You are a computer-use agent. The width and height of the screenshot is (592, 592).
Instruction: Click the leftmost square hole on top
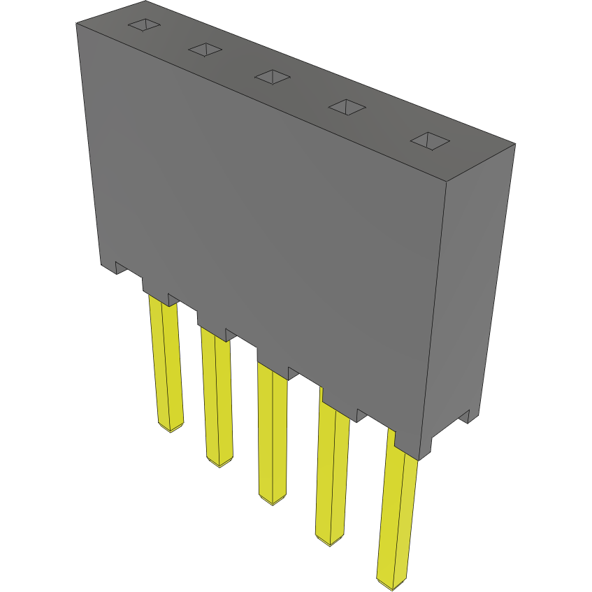(143, 25)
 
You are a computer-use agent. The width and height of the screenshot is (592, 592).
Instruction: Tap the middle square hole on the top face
(272, 76)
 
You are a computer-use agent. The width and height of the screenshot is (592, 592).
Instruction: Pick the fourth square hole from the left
(347, 108)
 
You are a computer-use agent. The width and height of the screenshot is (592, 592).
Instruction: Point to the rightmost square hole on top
(430, 140)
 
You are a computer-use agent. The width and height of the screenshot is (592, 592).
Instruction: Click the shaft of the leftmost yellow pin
(166, 363)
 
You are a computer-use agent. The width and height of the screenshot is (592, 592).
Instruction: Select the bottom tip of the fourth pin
(330, 541)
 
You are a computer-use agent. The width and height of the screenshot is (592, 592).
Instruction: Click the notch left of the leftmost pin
(121, 268)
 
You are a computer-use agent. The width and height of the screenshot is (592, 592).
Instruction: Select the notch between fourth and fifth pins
(362, 415)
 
